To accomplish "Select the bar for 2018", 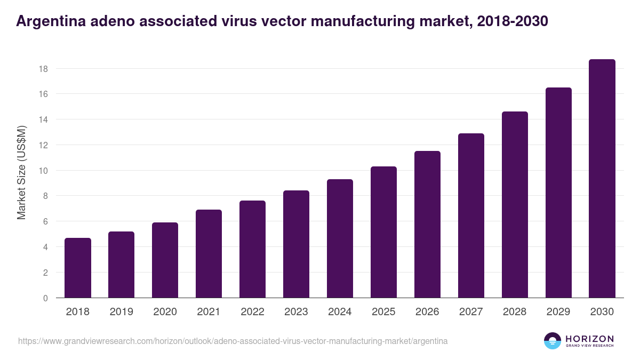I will (x=78, y=268).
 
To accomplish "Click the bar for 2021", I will (x=209, y=254).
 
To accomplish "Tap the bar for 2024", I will (x=340, y=238).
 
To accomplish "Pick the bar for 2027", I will (x=471, y=215).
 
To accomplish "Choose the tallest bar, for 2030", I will (x=602, y=179).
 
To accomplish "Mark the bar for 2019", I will (x=122, y=265).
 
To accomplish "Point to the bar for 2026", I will (x=427, y=225).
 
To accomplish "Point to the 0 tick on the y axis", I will (x=46, y=298).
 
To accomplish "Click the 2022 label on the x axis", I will (x=252, y=312).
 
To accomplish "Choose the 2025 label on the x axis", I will (x=383, y=312).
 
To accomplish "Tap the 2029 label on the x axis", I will (x=558, y=312).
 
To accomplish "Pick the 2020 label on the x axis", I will (x=165, y=312).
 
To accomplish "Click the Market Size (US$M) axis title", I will (x=21, y=172).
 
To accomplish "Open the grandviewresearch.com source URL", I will (x=233, y=341).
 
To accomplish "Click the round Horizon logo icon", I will (x=553, y=341).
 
